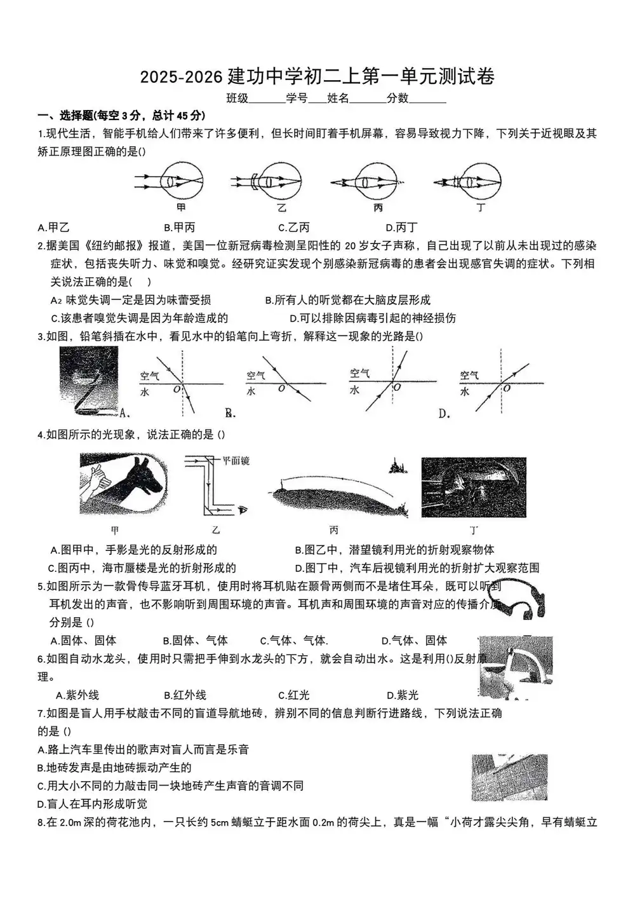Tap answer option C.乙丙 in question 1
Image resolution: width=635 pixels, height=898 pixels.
click(x=294, y=228)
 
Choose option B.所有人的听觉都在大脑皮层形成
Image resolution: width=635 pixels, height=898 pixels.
click(x=348, y=300)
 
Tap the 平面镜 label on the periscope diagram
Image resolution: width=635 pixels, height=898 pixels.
click(x=236, y=460)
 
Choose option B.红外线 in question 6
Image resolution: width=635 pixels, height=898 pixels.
click(x=185, y=695)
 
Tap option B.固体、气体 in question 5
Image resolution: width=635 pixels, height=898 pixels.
click(x=195, y=641)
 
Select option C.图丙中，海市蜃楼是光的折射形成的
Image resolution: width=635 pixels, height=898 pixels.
click(x=142, y=568)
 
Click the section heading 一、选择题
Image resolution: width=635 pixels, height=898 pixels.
click(x=65, y=116)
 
